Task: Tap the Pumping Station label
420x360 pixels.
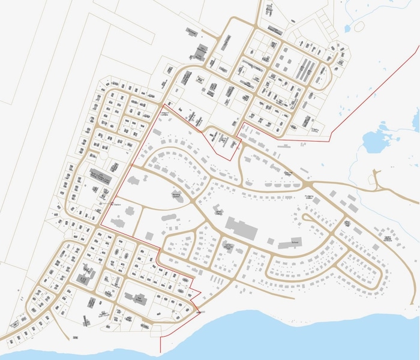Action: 310,197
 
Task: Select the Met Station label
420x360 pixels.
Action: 116,205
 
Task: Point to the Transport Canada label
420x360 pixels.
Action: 164,112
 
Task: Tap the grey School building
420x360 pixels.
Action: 290,244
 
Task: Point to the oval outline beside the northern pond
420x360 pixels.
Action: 359,26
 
